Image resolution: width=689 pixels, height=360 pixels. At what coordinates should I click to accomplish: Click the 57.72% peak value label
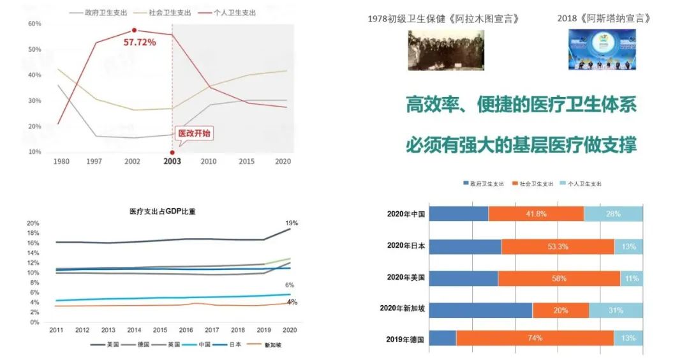[x=139, y=42]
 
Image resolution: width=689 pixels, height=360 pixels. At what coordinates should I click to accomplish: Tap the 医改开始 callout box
[x=193, y=134]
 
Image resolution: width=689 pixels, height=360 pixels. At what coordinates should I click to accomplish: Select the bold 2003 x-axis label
[x=172, y=161]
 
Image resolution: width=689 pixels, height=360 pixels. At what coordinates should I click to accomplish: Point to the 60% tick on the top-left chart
[x=34, y=24]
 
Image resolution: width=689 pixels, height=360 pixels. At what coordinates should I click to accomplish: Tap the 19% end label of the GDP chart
[x=292, y=223]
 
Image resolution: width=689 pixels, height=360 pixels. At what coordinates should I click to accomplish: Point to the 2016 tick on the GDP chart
[x=186, y=329]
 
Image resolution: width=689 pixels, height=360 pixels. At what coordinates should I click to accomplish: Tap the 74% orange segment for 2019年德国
[x=535, y=338]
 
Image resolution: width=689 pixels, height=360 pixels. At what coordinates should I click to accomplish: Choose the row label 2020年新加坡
[x=402, y=308]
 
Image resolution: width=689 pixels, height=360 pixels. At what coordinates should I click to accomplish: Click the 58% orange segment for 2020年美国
[x=559, y=278]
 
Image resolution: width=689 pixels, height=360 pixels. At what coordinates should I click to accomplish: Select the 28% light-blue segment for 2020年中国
[x=613, y=214]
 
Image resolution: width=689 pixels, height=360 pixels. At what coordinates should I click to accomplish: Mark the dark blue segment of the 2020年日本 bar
[x=465, y=246]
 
